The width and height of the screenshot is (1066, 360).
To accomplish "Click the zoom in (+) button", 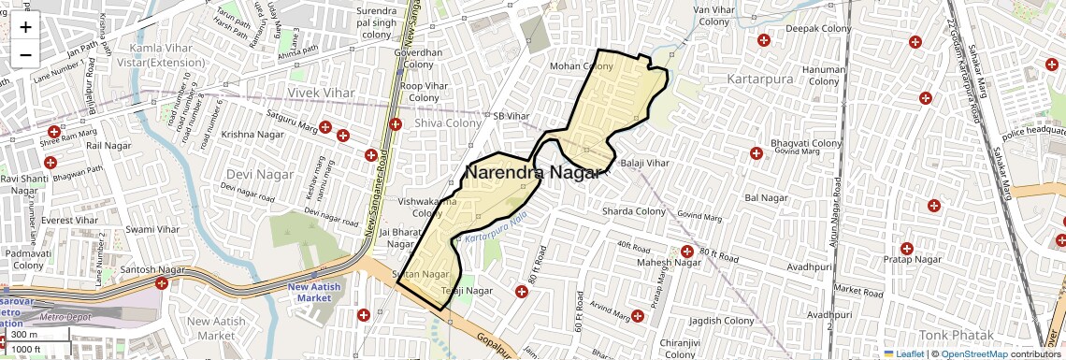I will point(25,26).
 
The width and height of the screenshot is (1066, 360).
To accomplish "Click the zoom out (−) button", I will point(25,54).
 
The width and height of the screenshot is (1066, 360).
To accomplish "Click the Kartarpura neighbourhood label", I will point(760,79).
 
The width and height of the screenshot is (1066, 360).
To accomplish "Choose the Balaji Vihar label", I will point(645,163).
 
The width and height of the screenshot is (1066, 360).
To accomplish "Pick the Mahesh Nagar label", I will point(669,263).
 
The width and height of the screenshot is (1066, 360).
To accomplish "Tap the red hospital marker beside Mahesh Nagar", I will point(687,251).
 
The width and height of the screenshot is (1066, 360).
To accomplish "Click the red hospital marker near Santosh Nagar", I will point(163,282).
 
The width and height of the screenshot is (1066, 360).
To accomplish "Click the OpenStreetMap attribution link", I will point(973,353).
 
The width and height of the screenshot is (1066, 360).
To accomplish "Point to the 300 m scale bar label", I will point(25,335).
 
